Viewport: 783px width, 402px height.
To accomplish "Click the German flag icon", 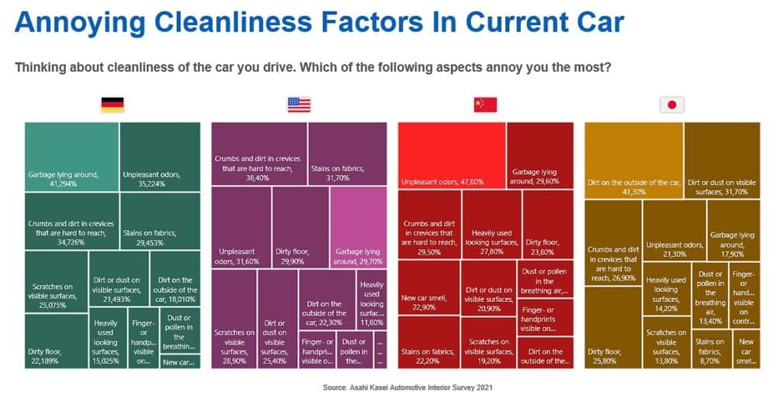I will pyautogui.click(x=112, y=105).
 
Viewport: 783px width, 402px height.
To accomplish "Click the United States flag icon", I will pyautogui.click(x=299, y=105).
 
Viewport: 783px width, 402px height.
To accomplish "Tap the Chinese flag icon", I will pyautogui.click(x=486, y=105).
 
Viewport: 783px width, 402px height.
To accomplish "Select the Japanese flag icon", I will pyautogui.click(x=672, y=105).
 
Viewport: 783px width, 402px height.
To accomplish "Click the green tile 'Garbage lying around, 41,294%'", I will pyautogui.click(x=72, y=156).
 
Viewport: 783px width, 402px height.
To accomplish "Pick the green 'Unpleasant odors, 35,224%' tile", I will pyautogui.click(x=160, y=156).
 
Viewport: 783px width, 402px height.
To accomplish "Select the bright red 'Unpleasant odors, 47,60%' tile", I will pyautogui.click(x=451, y=156).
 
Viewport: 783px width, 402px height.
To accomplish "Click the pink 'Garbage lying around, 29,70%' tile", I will pyautogui.click(x=358, y=227).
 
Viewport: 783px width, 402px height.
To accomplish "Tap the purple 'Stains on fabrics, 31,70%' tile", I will pyautogui.click(x=347, y=153).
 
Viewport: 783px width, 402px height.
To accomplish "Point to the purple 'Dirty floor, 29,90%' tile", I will pyautogui.click(x=300, y=227).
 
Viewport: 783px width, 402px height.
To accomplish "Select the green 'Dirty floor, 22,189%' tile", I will pyautogui.click(x=56, y=341).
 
